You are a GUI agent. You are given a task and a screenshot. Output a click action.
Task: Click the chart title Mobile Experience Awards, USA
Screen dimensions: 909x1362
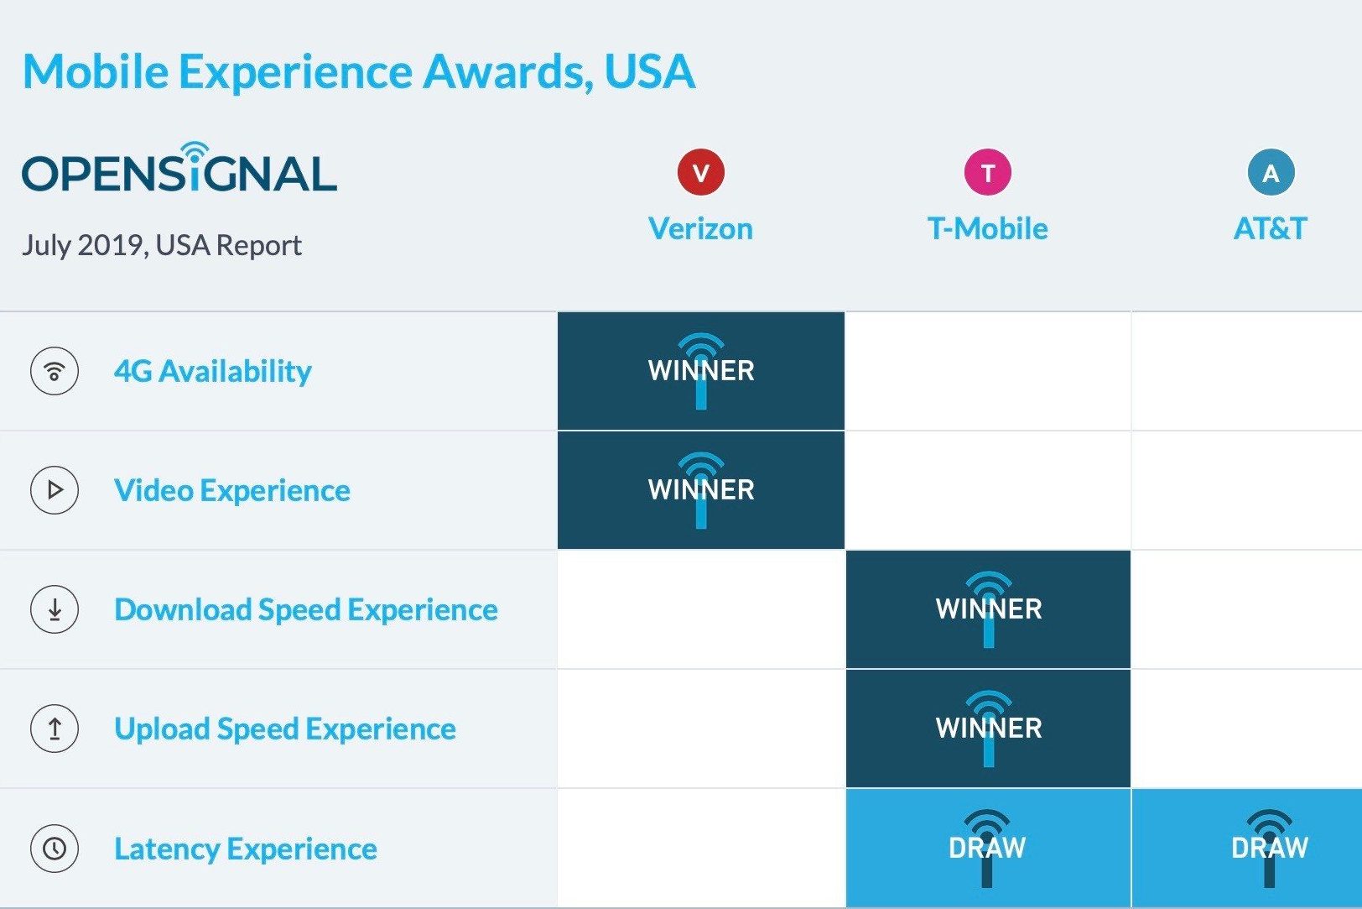point(359,71)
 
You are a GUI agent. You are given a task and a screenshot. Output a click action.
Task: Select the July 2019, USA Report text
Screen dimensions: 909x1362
point(162,245)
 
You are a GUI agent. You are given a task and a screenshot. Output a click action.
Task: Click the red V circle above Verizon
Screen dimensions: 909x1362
point(700,172)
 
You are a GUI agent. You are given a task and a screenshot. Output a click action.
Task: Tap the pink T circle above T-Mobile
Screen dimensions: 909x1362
point(987,172)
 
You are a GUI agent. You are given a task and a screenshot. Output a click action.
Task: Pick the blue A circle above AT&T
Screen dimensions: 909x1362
point(1271,172)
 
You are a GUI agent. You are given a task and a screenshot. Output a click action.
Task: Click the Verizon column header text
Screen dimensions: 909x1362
point(700,228)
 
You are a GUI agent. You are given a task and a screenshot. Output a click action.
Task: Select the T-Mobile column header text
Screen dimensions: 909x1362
point(987,228)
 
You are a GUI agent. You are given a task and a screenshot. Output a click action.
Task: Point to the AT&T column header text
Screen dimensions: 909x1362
point(1270,228)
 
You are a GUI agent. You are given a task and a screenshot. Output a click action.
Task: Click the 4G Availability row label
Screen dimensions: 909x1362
point(213,371)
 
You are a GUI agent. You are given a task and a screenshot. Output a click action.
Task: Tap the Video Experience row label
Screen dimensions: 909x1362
point(232,490)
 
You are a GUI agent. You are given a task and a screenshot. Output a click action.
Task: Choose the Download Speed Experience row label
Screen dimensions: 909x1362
point(306,609)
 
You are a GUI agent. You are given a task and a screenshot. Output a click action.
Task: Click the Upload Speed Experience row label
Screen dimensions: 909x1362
point(285,729)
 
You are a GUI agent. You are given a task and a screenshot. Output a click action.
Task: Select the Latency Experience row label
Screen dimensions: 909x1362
point(246,849)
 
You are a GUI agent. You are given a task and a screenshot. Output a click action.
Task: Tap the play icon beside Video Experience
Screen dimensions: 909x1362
point(55,490)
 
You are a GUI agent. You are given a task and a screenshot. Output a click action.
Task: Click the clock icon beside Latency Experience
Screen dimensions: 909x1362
point(55,849)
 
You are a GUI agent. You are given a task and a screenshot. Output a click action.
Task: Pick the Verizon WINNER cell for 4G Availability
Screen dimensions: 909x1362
point(701,371)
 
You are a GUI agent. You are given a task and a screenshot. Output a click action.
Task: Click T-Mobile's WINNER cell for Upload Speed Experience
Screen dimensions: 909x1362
point(988,728)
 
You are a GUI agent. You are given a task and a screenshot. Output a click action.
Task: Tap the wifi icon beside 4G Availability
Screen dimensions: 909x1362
point(55,371)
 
